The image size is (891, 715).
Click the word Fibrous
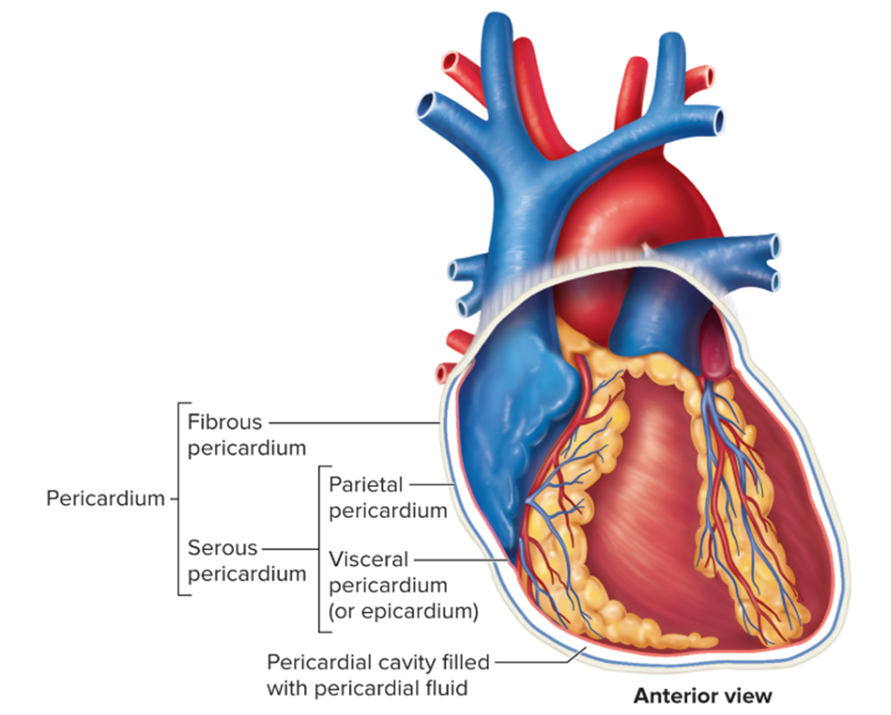coord(225,423)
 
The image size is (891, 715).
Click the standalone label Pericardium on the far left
coord(105,499)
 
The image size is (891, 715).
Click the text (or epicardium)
coord(403,610)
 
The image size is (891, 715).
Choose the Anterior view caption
coord(703,696)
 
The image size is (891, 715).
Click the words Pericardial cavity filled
coord(377,661)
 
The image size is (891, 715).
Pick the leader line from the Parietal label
coord(430,483)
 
